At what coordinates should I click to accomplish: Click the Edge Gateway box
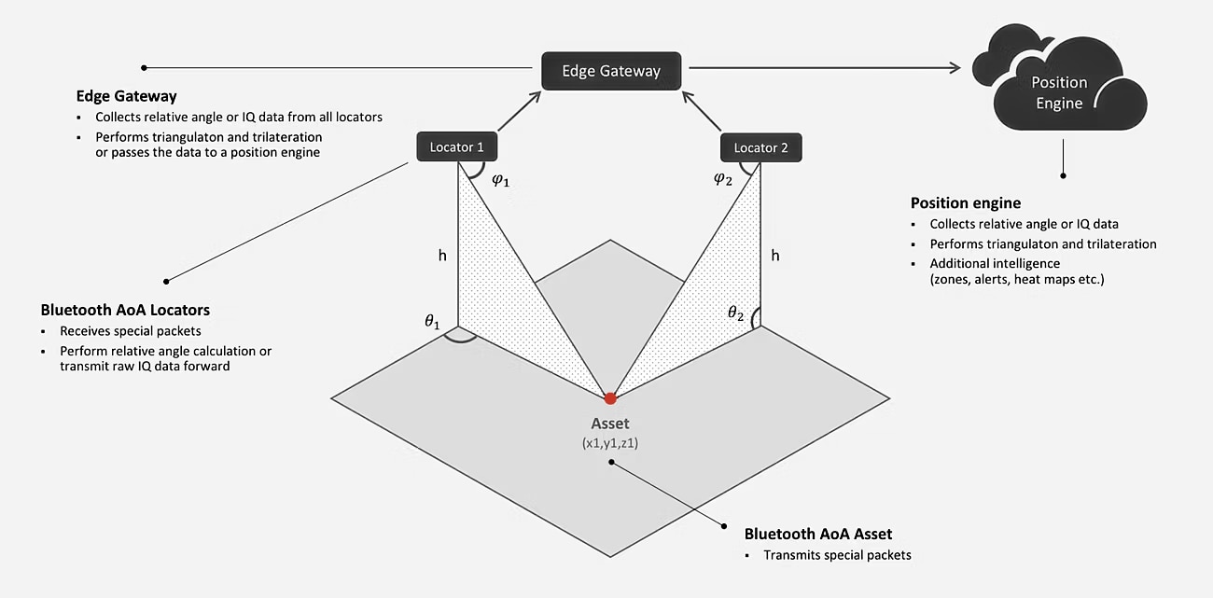(x=611, y=71)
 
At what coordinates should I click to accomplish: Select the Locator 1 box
(x=457, y=147)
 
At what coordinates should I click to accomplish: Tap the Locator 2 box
(x=761, y=147)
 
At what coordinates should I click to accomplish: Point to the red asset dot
(x=610, y=398)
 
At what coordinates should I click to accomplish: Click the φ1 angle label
(x=501, y=179)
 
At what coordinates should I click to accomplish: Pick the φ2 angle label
(x=723, y=179)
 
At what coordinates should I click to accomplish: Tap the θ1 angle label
(x=431, y=322)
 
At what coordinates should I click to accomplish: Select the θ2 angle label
(x=736, y=313)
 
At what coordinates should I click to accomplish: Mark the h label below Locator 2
(x=775, y=254)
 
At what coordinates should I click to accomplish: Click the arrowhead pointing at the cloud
(x=953, y=67)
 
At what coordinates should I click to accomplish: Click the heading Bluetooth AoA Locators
(x=125, y=310)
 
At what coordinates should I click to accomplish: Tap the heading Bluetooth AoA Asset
(x=818, y=535)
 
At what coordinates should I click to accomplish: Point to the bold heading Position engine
(x=966, y=203)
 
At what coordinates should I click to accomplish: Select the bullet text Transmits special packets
(x=837, y=555)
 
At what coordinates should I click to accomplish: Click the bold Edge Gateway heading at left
(x=127, y=96)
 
